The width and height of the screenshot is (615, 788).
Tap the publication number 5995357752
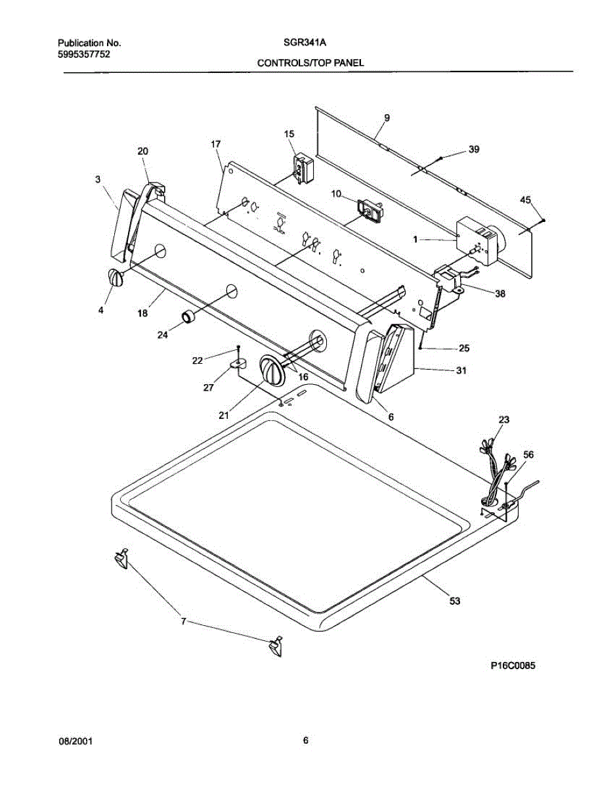[x=79, y=54]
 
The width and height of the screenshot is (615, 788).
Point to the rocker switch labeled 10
[x=371, y=209]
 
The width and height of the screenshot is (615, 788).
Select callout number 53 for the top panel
[x=454, y=600]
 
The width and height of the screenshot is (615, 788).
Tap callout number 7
[x=184, y=621]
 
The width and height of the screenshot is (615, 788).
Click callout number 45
[x=525, y=200]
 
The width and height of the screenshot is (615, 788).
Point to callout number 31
[x=461, y=371]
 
